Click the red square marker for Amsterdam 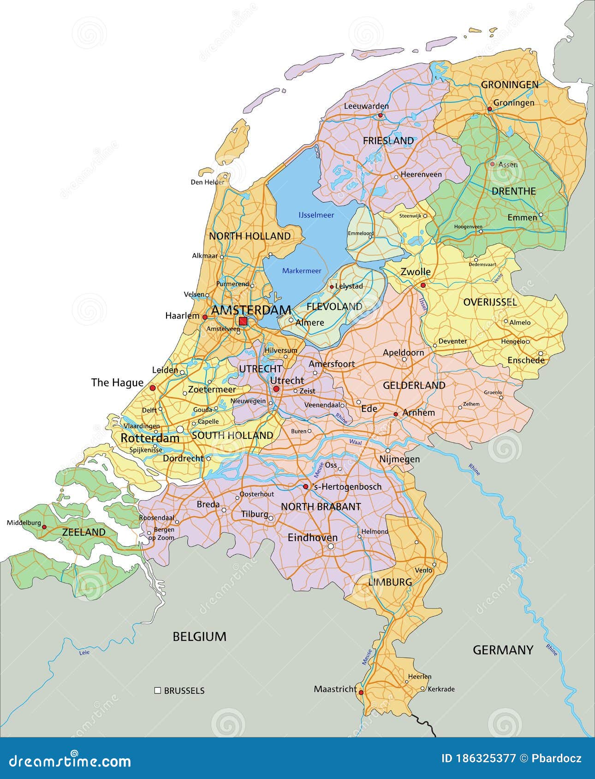243,321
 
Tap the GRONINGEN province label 509,85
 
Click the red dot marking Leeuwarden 381,115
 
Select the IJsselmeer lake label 316,215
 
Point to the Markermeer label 302,271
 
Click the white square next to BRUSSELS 158,690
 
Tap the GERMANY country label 503,650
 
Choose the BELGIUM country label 199,637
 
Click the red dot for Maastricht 361,692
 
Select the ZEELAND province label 84,532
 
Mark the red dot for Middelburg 45,526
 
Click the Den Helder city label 208,182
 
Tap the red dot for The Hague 153,388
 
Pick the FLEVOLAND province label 334,306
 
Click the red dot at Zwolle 422,285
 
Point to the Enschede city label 526,360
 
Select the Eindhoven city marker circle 331,546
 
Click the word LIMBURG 390,582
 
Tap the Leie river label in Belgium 84,652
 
